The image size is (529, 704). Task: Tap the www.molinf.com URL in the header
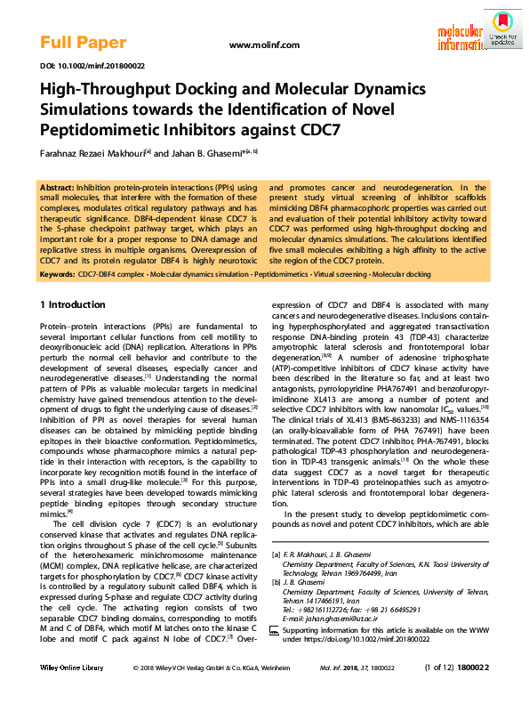(x=264, y=45)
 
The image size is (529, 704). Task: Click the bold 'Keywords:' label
(x=59, y=275)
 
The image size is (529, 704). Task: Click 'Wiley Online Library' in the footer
(x=72, y=690)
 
